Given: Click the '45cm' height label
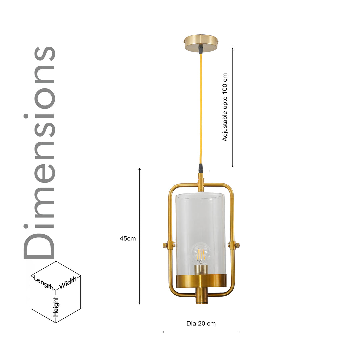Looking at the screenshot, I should pos(128,238).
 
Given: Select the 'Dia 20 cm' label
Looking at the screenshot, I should pos(201,323).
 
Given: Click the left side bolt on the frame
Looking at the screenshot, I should pos(165,245).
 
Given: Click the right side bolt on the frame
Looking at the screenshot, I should pos(237,245).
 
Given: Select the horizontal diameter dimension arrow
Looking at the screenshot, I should pos(201,332).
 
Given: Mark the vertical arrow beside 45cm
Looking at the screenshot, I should pos(140,236).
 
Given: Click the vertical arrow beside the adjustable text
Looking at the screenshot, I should pos(232,107).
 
